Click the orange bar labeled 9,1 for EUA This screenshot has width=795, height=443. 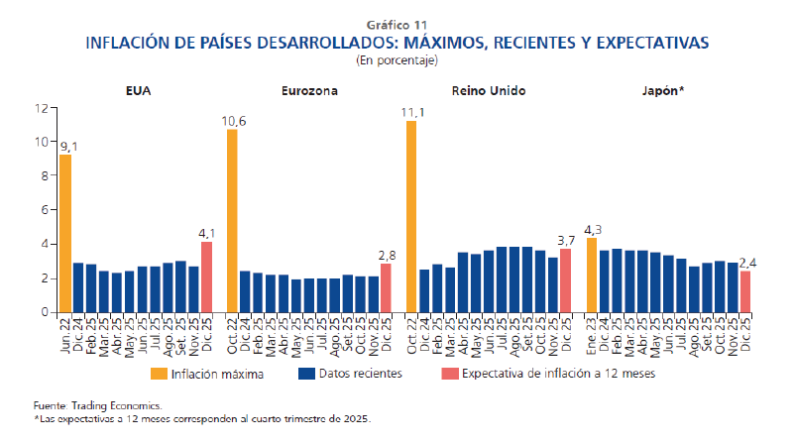coord(65,233)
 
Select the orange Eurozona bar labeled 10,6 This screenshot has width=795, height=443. coord(232,220)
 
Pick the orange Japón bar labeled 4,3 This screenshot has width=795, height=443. coord(592,275)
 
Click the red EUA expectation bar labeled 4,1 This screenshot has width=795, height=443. coord(207,277)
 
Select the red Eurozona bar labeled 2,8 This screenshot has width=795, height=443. coord(386,287)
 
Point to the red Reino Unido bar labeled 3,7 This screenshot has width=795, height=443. coord(565,279)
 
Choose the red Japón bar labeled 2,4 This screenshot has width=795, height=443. coord(745,291)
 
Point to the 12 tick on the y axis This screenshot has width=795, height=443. coord(41,107)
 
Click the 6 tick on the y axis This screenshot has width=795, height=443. coord(44,210)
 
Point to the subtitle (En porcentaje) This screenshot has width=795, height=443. coord(397,60)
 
